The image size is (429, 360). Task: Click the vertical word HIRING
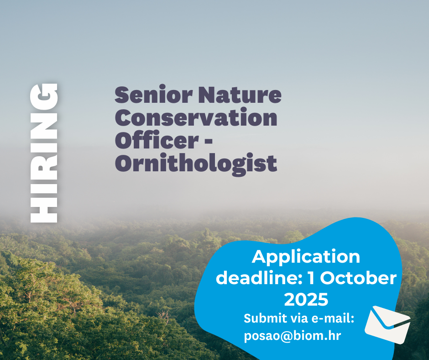pyautogui.click(x=44, y=153)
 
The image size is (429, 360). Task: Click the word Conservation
pyautogui.click(x=196, y=118)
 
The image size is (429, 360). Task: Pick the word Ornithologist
pyautogui.click(x=196, y=163)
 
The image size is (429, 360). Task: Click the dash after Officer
pyautogui.click(x=206, y=141)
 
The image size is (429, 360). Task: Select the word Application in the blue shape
pyautogui.click(x=306, y=257)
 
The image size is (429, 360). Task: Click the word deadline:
pyautogui.click(x=258, y=278)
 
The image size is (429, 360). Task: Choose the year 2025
pyautogui.click(x=306, y=300)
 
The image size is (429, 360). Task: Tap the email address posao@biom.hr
pyautogui.click(x=293, y=336)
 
